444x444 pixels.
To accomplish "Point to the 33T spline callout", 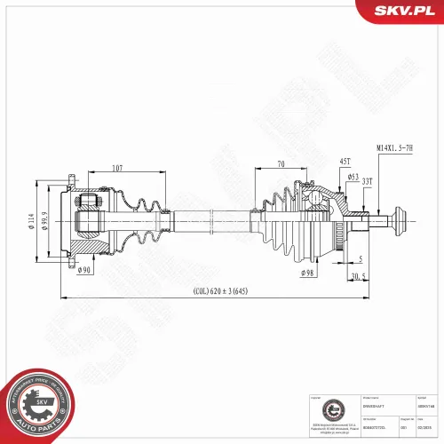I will pos(367,181).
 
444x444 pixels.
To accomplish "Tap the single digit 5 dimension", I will pos(360,259).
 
